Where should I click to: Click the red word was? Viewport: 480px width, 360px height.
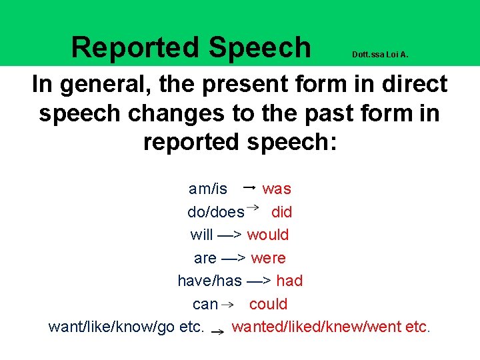click(277, 189)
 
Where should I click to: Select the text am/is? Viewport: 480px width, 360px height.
click(208, 189)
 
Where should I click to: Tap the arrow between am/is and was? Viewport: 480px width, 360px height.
click(249, 188)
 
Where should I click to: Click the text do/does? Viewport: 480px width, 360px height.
click(216, 213)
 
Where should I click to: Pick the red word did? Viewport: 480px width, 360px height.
click(281, 213)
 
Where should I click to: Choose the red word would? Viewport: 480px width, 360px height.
click(268, 235)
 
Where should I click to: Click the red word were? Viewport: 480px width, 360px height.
click(268, 258)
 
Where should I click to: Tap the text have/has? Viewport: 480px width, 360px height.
click(209, 281)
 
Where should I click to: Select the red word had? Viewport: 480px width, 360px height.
click(289, 281)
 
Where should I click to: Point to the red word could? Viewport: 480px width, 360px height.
click(268, 305)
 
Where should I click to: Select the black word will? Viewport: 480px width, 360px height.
click(201, 235)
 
